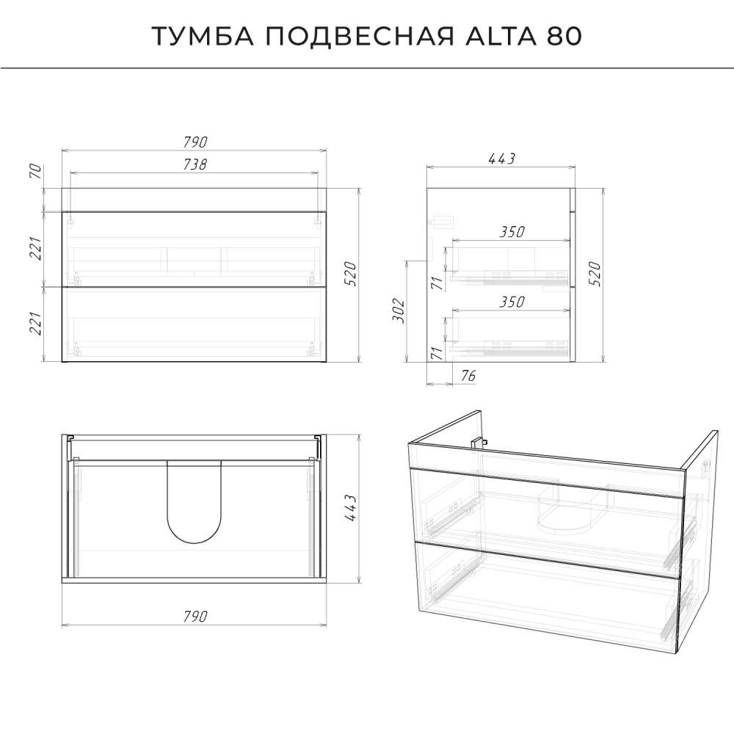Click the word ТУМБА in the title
(203, 36)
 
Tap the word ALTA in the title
(501, 36)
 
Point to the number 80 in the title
(564, 36)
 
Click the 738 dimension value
(195, 164)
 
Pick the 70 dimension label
(36, 171)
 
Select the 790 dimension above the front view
(195, 142)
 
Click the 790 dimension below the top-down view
(195, 616)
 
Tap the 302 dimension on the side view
(399, 310)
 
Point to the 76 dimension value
(468, 375)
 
